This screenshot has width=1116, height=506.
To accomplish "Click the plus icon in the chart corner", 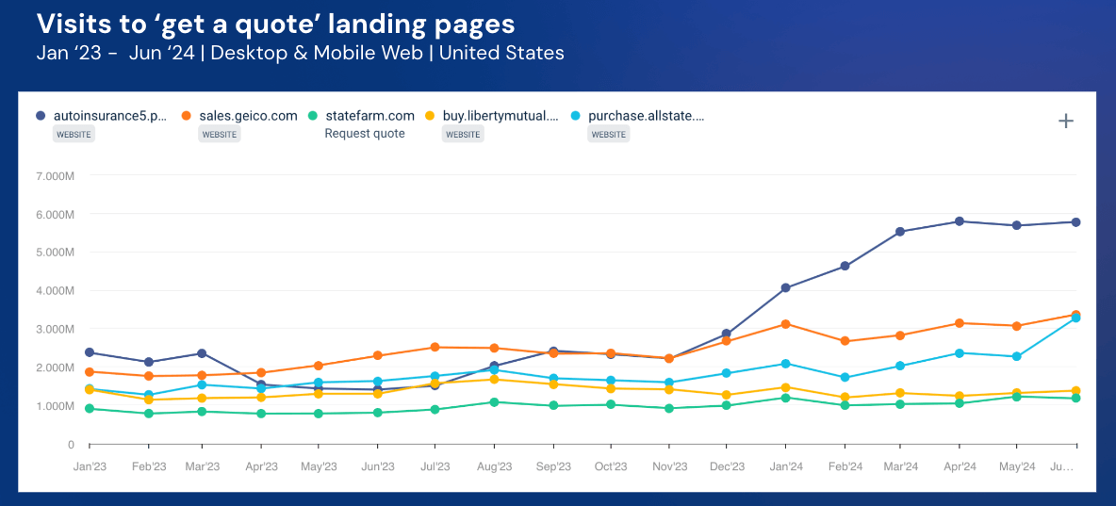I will (1066, 121).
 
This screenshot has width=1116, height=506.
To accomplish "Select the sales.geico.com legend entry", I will (248, 116).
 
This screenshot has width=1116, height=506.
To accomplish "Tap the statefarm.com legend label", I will (369, 116).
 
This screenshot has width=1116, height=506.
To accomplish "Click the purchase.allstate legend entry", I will (646, 116).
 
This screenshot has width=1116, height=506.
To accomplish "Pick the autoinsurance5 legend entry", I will (110, 116).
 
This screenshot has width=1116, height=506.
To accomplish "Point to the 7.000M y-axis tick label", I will (57, 176).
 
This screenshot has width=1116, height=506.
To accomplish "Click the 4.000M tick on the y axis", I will (57, 291).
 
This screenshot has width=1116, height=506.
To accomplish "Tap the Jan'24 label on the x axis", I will (785, 466).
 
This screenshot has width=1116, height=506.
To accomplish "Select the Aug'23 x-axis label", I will (493, 466).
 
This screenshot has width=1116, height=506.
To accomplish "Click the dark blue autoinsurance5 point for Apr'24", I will (960, 221).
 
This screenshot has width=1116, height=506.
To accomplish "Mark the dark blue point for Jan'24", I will (785, 287).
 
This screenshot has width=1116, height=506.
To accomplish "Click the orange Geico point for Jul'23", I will (435, 348).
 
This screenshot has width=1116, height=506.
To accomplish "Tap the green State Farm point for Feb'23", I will (148, 414).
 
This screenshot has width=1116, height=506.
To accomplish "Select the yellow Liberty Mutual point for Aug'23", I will (493, 379).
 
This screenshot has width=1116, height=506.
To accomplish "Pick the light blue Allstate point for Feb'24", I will (844, 377).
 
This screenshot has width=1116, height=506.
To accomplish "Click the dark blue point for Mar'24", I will (900, 232).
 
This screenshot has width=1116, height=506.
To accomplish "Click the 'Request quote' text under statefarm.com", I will (365, 134).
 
